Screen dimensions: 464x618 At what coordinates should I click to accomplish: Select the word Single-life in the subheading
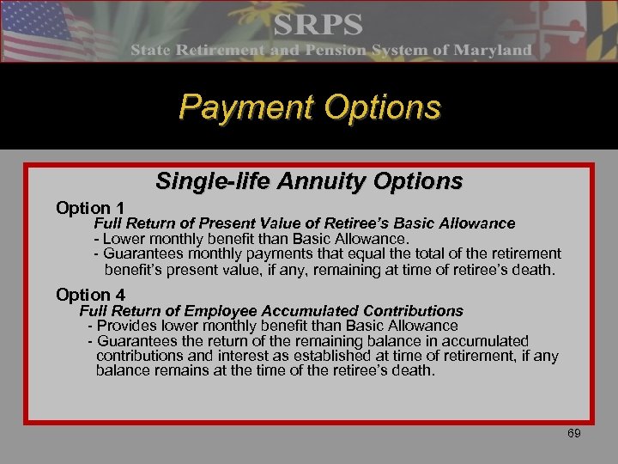click(204, 181)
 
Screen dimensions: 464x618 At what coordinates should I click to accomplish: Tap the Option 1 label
click(90, 208)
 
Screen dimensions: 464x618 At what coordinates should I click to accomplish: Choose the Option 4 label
click(90, 295)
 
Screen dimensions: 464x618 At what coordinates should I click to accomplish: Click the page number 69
click(574, 433)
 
